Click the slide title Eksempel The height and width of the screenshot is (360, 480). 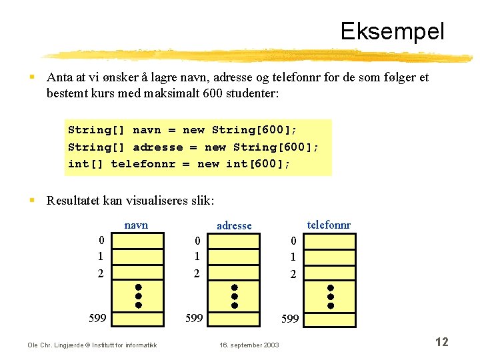(391, 31)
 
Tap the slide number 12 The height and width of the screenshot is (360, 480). (441, 342)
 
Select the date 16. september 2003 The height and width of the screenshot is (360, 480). (249, 345)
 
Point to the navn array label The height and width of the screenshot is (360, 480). (136, 225)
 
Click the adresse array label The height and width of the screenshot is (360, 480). (234, 226)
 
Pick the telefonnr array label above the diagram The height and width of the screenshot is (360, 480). (329, 225)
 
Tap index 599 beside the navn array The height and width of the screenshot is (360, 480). (97, 317)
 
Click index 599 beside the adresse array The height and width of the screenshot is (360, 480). (194, 318)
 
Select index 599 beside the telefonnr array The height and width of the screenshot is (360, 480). (290, 319)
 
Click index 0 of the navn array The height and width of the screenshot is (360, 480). (101, 241)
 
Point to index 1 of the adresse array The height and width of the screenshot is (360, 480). (197, 256)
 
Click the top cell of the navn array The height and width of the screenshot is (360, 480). (139, 241)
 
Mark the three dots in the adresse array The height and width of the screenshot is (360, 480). (235, 296)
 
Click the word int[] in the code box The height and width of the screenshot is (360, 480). (85, 164)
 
